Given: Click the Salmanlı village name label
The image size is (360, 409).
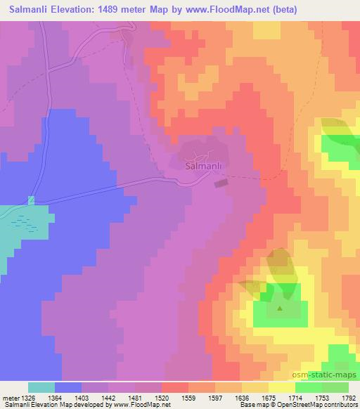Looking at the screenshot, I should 204,167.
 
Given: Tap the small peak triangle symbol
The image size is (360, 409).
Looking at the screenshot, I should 280,308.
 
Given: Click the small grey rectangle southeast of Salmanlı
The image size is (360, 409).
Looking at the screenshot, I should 221,183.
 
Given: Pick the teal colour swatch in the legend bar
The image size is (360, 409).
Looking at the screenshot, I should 41,387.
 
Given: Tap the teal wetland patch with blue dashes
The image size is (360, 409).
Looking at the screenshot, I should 25,225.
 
